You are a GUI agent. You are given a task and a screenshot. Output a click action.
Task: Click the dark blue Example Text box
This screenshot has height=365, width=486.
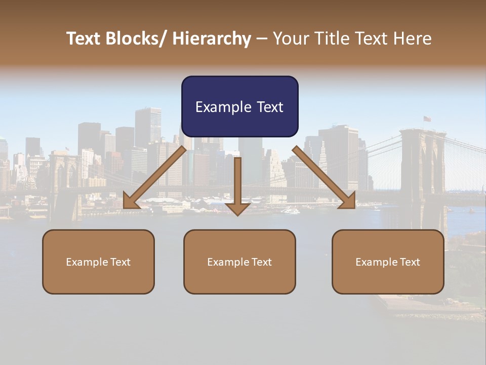coord(239,106)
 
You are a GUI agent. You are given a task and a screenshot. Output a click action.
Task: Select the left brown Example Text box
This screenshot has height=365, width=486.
coord(98,262)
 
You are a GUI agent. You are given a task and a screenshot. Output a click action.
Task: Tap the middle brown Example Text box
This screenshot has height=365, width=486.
coord(239,262)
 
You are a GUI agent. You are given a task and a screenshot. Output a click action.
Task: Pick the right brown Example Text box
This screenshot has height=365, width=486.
coord(388,262)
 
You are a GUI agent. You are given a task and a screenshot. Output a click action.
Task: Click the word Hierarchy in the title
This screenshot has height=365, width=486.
coord(212,39)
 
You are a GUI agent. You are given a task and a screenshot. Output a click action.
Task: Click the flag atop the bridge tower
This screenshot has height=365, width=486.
coord(427,119)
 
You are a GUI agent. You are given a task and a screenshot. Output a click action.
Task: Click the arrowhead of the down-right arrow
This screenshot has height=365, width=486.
coord(348,202)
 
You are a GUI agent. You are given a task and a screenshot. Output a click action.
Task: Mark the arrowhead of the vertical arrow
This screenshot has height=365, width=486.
coord(237,209)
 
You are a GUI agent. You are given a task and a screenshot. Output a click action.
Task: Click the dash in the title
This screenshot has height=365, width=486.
coord(262,39)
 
